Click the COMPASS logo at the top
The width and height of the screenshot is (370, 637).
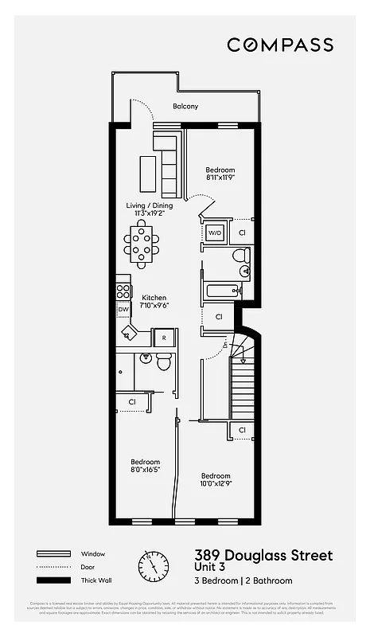tap(279, 45)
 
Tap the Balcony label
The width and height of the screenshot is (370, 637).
tap(185, 107)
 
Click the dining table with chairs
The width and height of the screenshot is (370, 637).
tap(142, 242)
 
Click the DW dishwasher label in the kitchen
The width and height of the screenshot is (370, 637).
tap(123, 310)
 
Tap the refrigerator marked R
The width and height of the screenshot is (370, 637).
tap(163, 338)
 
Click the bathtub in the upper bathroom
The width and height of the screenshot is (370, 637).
tap(220, 290)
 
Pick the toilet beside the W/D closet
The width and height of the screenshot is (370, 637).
tap(241, 258)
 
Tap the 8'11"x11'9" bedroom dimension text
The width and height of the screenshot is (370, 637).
tap(220, 178)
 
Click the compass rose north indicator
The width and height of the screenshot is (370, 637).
tap(154, 567)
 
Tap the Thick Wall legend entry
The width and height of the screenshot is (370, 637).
tap(94, 580)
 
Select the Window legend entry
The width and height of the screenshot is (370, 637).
tap(92, 553)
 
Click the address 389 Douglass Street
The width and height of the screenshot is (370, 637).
tap(263, 555)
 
